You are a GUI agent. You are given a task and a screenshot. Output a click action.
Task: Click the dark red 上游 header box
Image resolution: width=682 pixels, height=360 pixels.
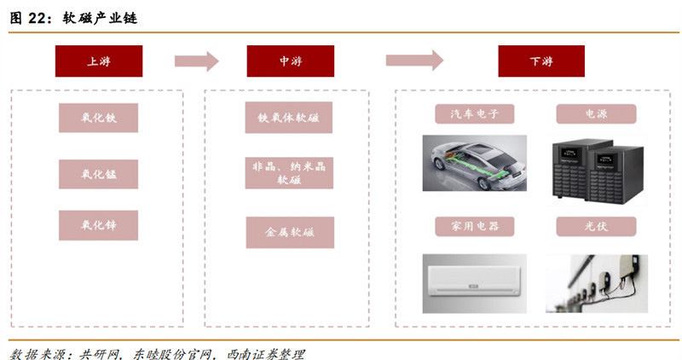[98, 61]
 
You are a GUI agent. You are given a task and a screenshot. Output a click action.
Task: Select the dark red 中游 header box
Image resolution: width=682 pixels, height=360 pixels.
[290, 61]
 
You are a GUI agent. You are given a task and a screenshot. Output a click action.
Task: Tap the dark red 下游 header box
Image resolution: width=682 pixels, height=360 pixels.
[541, 61]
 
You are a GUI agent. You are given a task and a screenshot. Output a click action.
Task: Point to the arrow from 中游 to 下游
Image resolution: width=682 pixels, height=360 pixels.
[414, 61]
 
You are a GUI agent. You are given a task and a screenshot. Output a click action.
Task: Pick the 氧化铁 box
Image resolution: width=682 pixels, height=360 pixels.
[98, 118]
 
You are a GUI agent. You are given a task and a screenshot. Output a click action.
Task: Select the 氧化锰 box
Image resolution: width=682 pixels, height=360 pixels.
[98, 174]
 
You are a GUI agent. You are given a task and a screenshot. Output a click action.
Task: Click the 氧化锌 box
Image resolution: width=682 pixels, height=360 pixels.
[98, 225]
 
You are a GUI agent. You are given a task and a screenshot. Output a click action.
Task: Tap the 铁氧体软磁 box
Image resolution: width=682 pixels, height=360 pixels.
[289, 118]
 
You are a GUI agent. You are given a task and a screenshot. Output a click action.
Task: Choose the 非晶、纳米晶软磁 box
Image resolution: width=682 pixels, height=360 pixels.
[289, 173]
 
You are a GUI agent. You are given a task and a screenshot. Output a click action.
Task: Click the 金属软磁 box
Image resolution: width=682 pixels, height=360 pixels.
[289, 232]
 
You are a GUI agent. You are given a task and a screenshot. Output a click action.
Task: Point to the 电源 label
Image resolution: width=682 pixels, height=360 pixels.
[596, 114]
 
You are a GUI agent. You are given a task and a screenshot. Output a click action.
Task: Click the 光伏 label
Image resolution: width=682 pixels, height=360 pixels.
[596, 227]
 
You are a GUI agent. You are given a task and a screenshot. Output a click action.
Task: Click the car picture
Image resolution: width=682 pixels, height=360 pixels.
[474, 163]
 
